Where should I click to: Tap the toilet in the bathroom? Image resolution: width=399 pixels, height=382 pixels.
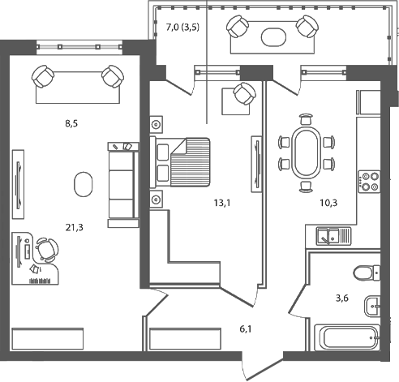coord(367,273)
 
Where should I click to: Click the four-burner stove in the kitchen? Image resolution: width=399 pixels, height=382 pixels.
coord(370,180)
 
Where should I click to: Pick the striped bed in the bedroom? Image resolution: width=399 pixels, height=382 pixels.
coord(184,159)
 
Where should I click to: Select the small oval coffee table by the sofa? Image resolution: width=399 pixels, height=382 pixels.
coord(82,184)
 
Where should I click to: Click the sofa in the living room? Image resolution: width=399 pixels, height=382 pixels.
coord(122,179)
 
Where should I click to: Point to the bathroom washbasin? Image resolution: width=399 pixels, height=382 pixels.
coord(373,306)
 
